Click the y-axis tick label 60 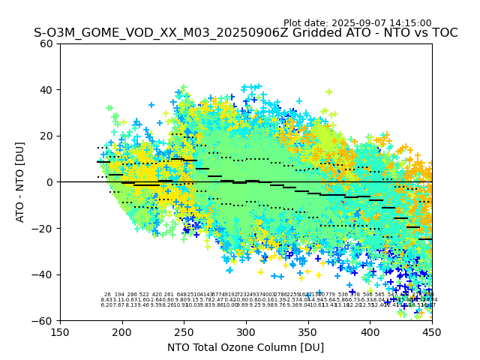47,43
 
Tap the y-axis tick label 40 47,90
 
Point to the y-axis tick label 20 47,136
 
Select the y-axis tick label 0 50,182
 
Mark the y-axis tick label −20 43,228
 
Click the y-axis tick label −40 43,274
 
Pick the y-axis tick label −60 43,320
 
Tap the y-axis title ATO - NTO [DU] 21,182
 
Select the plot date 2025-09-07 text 357,23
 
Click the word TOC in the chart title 443,33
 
